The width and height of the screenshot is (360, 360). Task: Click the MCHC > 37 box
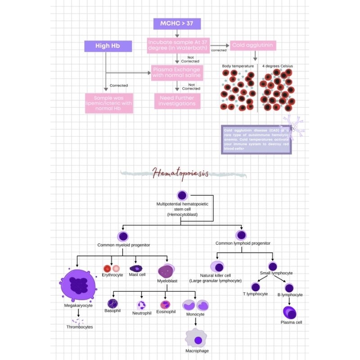click(x=177, y=23)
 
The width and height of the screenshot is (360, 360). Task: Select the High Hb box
click(x=108, y=46)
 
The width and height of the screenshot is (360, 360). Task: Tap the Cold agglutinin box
click(x=252, y=45)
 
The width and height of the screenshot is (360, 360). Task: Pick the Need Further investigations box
click(x=177, y=100)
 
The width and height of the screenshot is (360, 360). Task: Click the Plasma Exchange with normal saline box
click(x=176, y=72)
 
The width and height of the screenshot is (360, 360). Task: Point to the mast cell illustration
click(x=136, y=268)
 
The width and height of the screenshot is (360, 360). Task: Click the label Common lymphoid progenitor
click(x=243, y=243)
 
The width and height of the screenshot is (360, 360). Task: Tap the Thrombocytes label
click(x=79, y=327)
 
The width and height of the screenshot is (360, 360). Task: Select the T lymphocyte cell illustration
click(x=255, y=287)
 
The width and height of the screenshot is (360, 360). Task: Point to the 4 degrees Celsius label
click(x=278, y=66)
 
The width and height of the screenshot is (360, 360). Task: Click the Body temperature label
click(x=238, y=66)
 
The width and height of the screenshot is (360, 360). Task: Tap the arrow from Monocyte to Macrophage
click(x=196, y=322)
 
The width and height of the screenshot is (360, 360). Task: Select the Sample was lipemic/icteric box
click(x=109, y=103)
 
